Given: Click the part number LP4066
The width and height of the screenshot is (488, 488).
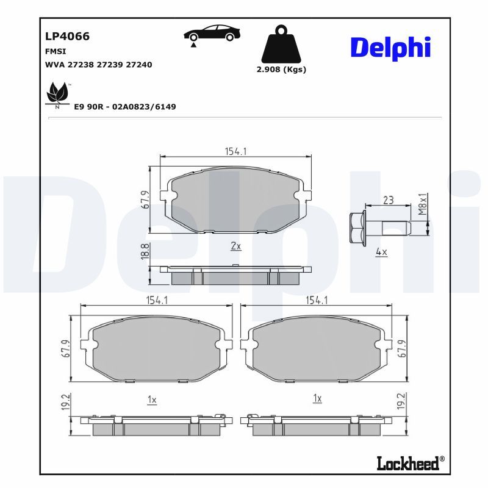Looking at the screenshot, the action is click(67, 36).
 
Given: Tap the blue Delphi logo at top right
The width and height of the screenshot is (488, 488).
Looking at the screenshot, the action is click(390, 48).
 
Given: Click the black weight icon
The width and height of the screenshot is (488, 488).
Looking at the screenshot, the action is click(281, 44).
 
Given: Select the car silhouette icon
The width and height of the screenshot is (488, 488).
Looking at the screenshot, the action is click(212, 33).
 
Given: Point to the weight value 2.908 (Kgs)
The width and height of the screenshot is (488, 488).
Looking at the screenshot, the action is click(281, 70).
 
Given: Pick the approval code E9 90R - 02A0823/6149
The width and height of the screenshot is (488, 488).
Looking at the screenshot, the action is click(125, 107).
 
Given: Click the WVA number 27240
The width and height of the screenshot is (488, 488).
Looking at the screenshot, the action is click(139, 65).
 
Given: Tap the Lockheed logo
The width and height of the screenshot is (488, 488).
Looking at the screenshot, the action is click(411, 464).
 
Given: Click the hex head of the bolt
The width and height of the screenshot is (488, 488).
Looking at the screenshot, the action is click(358, 228).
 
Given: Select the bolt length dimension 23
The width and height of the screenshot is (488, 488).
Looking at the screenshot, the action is click(388, 200).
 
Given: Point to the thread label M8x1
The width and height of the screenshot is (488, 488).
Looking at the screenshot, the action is click(422, 204).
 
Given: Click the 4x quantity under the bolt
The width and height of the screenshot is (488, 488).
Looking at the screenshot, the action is click(381, 251).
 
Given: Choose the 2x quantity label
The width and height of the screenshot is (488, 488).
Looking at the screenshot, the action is click(236, 246).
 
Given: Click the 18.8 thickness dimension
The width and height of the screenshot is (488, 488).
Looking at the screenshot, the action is click(145, 252).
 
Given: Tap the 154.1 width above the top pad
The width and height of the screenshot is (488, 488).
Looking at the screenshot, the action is click(235, 151).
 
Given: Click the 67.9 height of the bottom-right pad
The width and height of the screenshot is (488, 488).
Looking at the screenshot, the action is click(402, 348).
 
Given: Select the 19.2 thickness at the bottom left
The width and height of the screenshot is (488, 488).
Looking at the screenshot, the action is click(66, 401).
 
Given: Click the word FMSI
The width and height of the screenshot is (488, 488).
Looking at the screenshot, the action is click(56, 51).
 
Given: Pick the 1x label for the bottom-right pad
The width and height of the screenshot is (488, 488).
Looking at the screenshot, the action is click(317, 398).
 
